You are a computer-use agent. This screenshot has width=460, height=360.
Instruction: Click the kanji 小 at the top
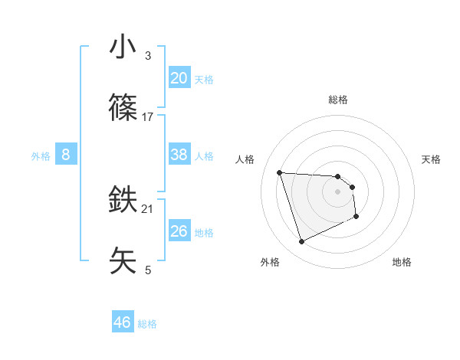click(123, 47)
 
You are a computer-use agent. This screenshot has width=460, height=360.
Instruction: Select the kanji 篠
click(123, 108)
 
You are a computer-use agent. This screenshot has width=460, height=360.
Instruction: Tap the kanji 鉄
click(123, 201)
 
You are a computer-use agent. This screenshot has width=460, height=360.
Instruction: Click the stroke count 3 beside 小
click(148, 56)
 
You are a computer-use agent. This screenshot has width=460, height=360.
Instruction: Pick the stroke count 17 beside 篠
click(148, 116)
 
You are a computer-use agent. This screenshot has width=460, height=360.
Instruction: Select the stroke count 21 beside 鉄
click(148, 208)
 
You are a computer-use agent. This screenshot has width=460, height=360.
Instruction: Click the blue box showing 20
click(179, 78)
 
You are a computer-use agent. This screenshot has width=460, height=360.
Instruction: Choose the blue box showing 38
click(179, 155)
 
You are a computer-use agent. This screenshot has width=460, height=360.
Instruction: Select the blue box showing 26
click(179, 231)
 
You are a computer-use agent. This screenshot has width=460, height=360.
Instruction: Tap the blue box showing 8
click(65, 155)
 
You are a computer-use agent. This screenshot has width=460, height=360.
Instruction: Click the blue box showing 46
click(122, 322)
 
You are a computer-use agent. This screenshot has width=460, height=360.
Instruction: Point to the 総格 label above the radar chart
click(338, 100)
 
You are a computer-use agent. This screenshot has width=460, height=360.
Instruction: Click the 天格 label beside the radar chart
click(432, 159)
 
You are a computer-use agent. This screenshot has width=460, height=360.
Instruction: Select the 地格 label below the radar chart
click(402, 262)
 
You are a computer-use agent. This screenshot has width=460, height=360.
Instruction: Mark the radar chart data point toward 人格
click(280, 172)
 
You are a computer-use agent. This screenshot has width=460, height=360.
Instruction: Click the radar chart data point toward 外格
click(301, 242)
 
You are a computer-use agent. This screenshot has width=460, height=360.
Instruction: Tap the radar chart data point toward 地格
click(356, 217)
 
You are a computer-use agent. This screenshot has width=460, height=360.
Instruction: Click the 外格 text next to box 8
click(41, 155)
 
